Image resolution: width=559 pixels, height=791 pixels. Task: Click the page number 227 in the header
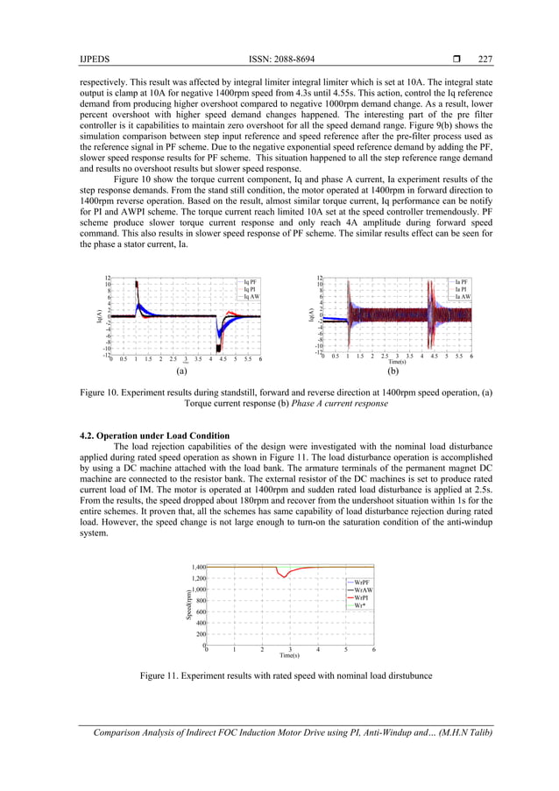click(485, 60)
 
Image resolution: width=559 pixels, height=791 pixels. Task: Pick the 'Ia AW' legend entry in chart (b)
click(463, 297)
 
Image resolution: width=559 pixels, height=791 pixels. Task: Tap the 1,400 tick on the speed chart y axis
click(197, 568)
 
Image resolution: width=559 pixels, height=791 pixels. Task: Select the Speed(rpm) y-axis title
click(188, 605)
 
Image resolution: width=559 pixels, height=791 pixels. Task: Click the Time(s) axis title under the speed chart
click(289, 655)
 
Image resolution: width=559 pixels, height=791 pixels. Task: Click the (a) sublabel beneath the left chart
click(181, 371)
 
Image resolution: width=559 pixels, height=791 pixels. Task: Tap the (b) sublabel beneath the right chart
click(393, 371)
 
